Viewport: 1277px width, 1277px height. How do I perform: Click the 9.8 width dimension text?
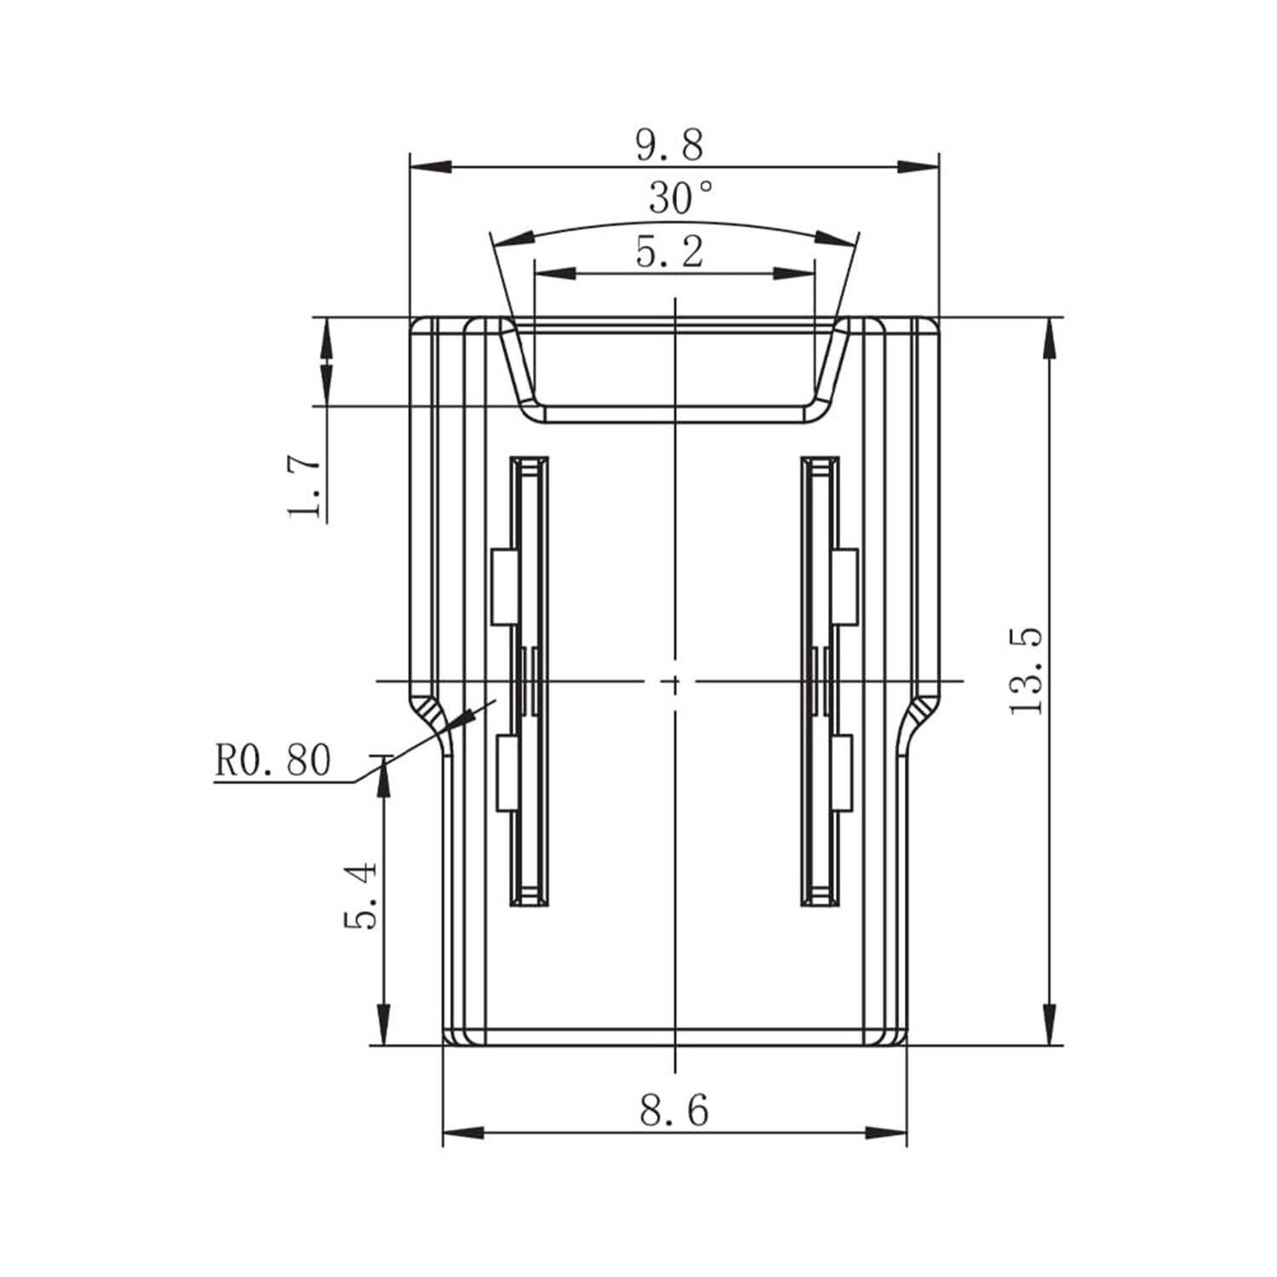[x=670, y=145]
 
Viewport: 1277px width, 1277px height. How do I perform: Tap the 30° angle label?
[x=681, y=198]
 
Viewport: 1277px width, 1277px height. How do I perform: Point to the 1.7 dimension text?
[x=305, y=487]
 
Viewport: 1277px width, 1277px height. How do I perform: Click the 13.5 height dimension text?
[x=1027, y=671]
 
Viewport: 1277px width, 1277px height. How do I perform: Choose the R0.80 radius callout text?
[x=272, y=760]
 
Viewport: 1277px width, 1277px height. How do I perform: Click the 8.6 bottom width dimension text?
[x=674, y=1110]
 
